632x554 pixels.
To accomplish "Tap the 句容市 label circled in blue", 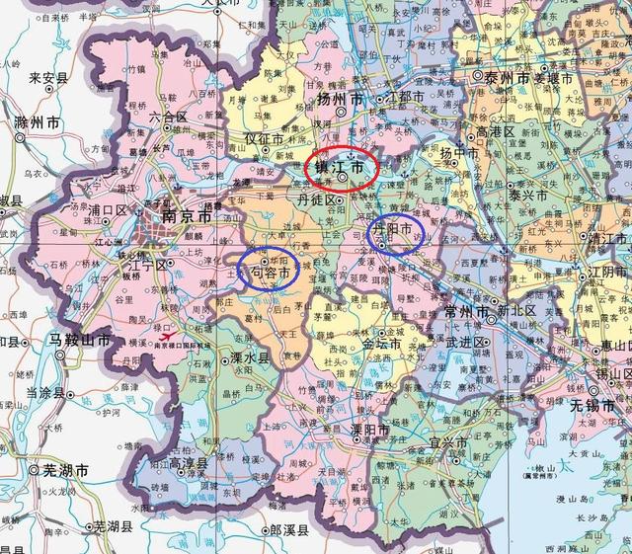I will tap(268, 271).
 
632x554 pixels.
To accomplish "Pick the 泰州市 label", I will tap(503, 76).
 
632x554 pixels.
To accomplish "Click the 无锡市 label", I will tap(598, 406).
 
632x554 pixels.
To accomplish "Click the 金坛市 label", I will tap(381, 346).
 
